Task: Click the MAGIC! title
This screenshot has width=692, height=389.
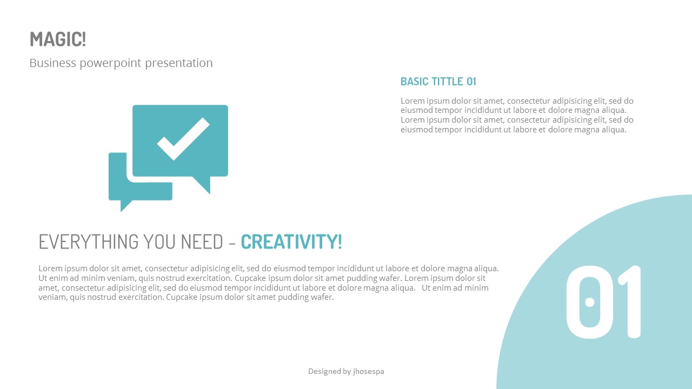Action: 58,39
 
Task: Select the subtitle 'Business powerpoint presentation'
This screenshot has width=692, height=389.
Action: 121,63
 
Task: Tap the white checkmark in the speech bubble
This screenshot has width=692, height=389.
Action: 183,139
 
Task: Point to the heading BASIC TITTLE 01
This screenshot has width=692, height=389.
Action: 438,82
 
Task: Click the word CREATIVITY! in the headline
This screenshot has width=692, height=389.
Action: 291,242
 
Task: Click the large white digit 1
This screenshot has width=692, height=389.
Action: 630,302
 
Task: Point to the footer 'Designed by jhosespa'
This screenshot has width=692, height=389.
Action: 346,371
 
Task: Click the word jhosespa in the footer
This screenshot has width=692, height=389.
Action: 368,372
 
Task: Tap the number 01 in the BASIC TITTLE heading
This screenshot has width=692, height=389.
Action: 471,82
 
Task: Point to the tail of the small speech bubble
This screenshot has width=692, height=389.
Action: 125,205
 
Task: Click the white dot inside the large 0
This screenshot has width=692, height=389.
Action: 590,303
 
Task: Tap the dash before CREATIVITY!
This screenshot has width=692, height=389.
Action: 232,243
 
